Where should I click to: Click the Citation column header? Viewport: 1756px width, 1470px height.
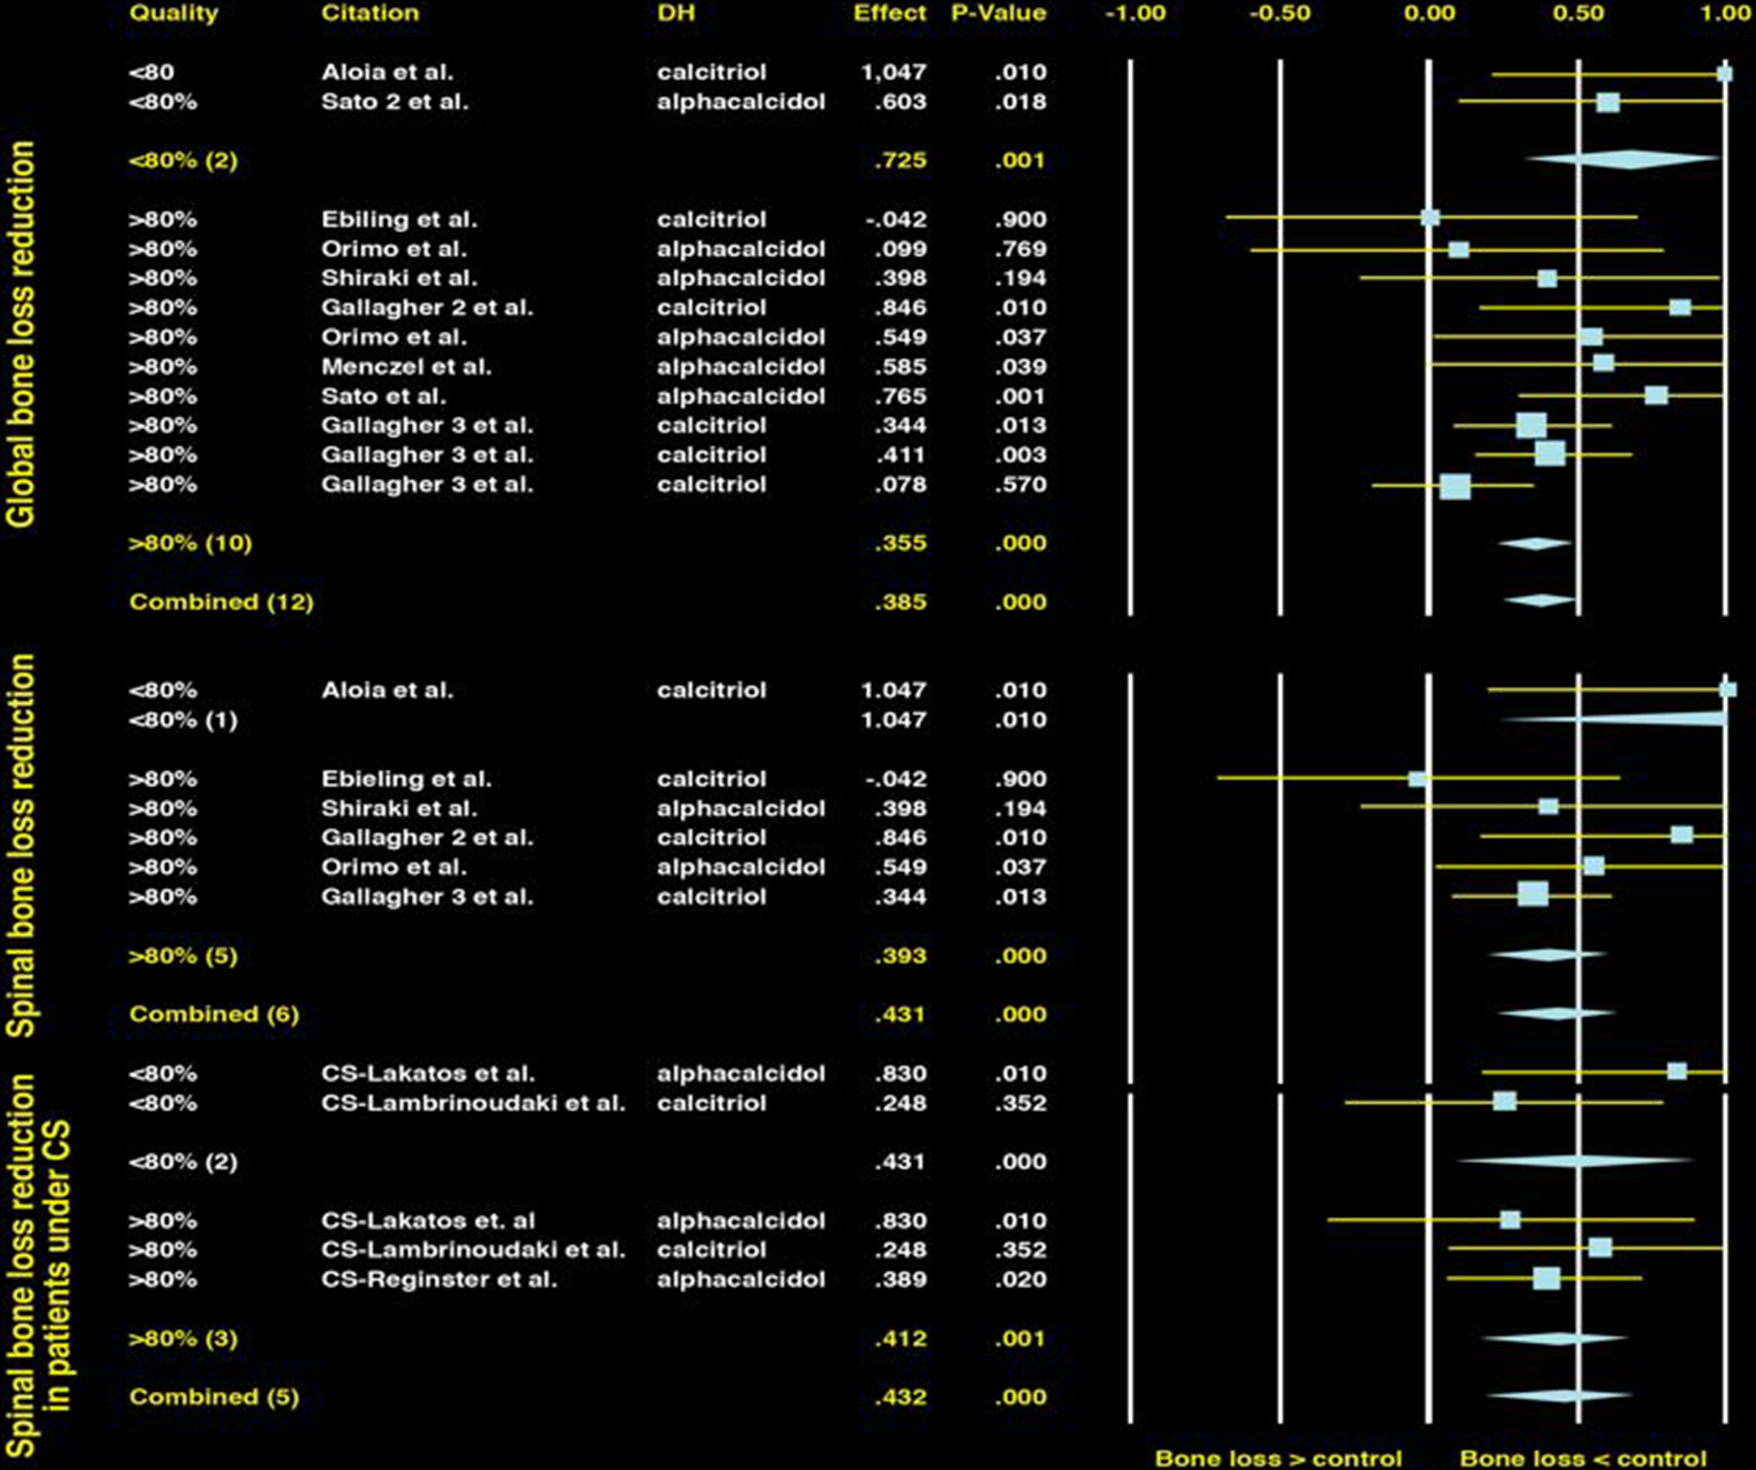[x=369, y=13]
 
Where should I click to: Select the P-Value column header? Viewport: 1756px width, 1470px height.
[x=999, y=13]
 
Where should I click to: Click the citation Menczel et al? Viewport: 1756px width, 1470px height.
[x=406, y=367]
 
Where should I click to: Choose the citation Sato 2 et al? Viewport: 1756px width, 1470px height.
[x=395, y=102]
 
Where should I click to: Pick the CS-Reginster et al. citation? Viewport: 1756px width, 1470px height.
[x=439, y=1279]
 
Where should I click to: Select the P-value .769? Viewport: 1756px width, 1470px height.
[x=1020, y=249]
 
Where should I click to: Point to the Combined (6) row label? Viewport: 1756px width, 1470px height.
[x=214, y=1015]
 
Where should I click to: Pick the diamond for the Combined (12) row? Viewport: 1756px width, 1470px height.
[x=1539, y=601]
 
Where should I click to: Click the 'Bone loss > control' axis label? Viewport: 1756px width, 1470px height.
[x=1278, y=1458]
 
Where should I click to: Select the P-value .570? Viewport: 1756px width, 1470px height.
[x=1020, y=485]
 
